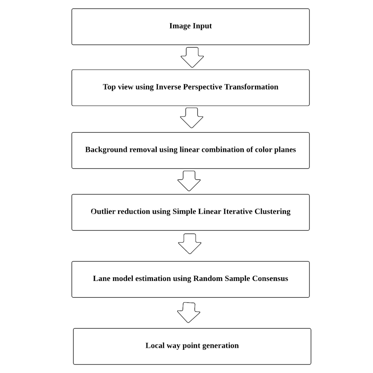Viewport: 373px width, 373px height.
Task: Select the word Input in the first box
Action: (x=202, y=26)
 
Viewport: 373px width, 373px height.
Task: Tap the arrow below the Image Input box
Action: (x=192, y=57)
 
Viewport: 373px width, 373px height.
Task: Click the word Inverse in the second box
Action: (x=168, y=87)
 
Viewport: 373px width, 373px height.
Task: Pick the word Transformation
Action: (x=251, y=87)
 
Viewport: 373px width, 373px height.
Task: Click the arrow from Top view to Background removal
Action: (x=191, y=118)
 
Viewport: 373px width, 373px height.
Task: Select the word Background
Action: (x=106, y=150)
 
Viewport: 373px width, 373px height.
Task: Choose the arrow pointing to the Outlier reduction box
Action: (x=189, y=181)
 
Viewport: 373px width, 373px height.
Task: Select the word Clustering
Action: (x=272, y=212)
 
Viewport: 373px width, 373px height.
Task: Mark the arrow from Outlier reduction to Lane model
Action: (x=190, y=244)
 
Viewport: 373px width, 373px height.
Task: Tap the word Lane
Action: (x=101, y=279)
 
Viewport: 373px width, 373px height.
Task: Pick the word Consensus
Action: (x=270, y=279)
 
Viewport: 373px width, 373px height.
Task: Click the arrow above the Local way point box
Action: (x=189, y=312)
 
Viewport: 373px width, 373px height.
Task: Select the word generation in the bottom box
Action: (x=221, y=346)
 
